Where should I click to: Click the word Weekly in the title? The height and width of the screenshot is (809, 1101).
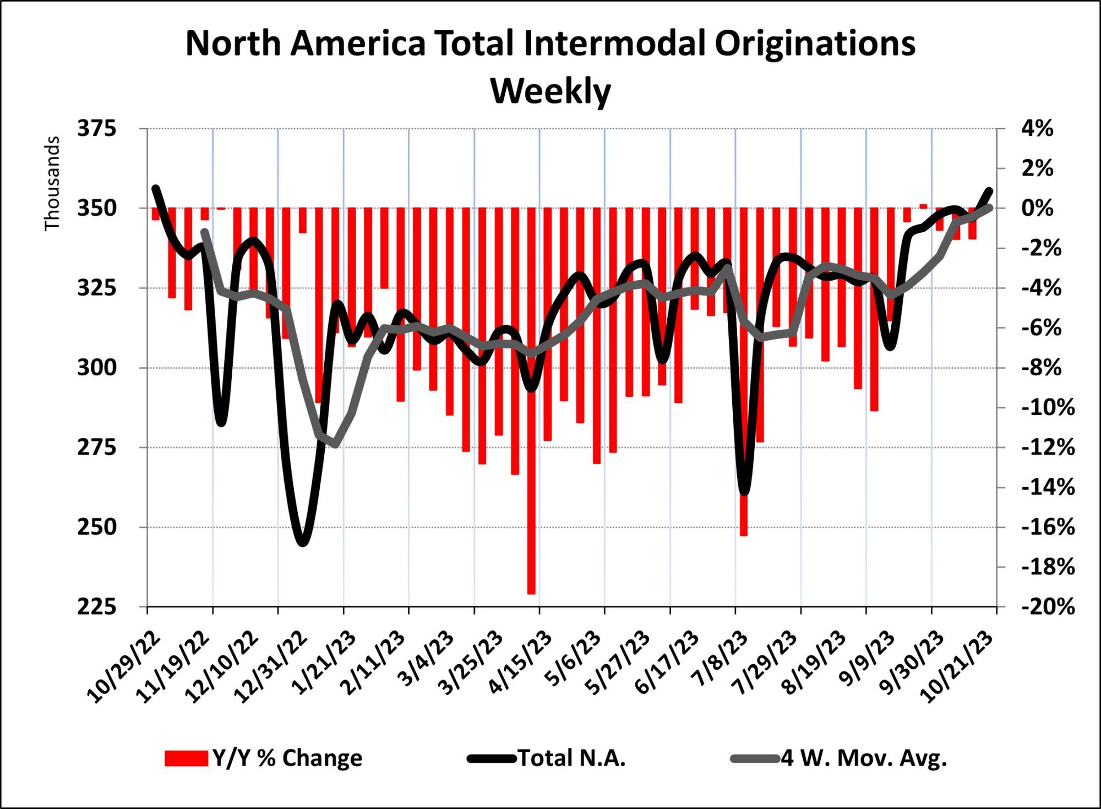550,91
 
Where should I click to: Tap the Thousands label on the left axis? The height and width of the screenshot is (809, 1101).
52,183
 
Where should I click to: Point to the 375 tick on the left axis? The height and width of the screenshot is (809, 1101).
97,129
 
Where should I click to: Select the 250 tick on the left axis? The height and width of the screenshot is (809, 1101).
97,527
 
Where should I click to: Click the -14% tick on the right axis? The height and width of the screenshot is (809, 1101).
1048,488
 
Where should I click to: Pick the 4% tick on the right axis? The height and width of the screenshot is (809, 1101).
1037,129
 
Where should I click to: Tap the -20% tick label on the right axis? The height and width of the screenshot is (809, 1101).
1048,607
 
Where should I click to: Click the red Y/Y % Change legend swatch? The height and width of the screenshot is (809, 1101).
186,758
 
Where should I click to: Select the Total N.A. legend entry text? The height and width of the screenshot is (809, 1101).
572,758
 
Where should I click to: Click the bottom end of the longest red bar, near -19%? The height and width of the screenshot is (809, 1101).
531,593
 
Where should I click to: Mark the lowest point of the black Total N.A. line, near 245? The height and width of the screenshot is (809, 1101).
303,543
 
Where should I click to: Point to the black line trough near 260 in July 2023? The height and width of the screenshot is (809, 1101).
744,491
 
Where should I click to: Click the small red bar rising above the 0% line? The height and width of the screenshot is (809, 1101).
923,206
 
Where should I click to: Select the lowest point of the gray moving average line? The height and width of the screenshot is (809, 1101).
335,444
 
